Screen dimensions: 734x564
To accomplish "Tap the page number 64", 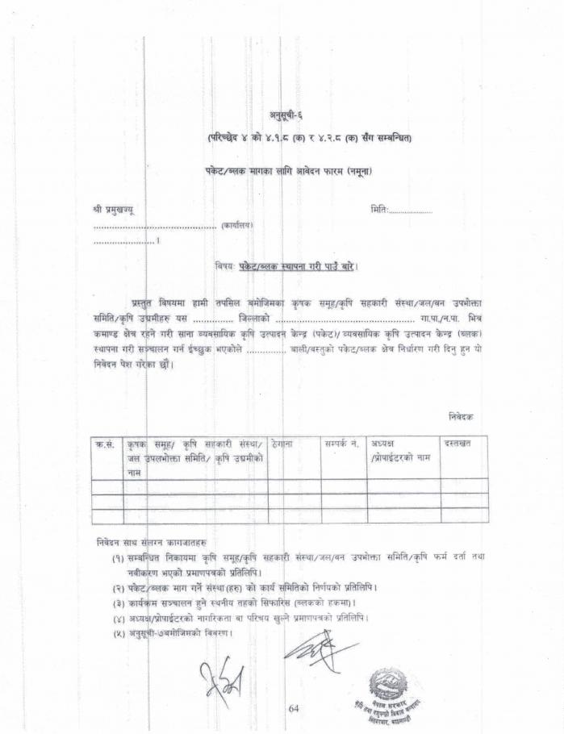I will click(x=293, y=708).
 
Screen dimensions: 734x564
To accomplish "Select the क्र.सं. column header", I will click(x=106, y=444).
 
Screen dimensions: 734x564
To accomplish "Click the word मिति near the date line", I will click(x=379, y=210).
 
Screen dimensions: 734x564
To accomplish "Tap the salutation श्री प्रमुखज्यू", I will click(x=114, y=210).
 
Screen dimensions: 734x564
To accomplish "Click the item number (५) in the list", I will click(x=118, y=632).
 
